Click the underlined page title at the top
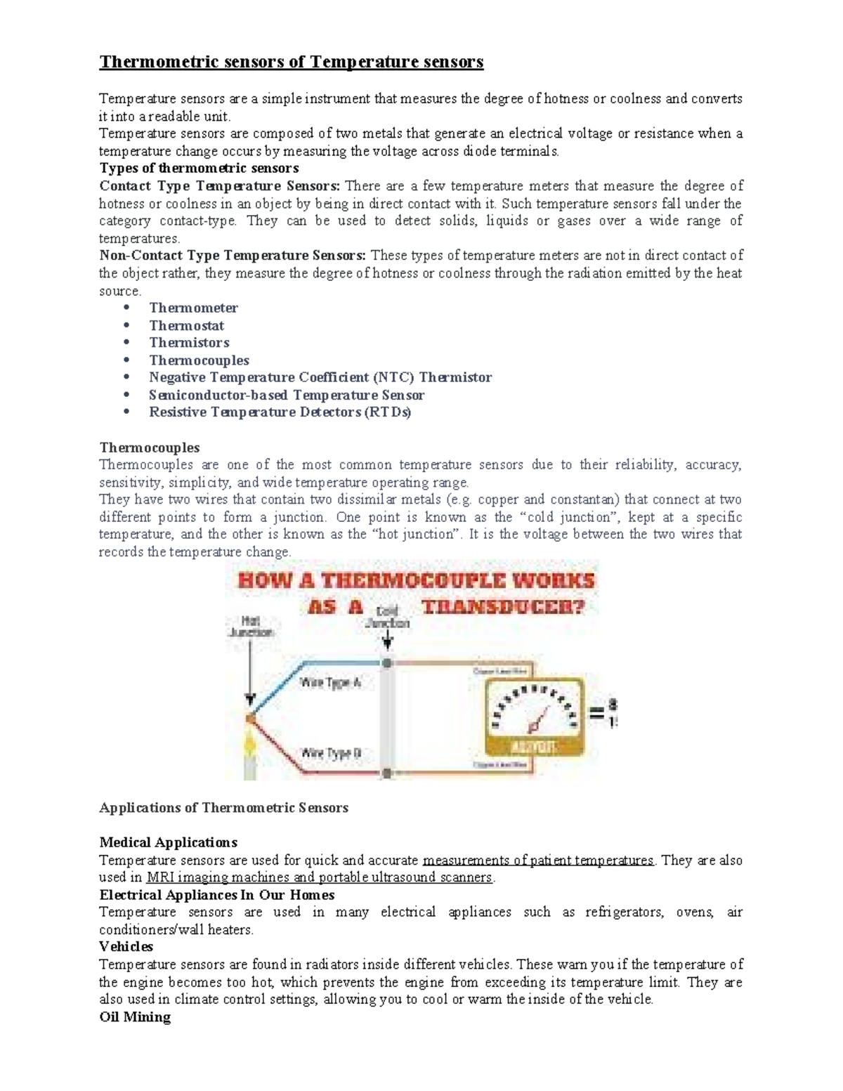click(x=291, y=63)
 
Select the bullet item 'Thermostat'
click(x=186, y=325)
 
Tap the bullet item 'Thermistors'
click(x=189, y=343)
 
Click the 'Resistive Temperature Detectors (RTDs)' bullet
click(x=280, y=412)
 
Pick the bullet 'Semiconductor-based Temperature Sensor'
click(x=286, y=395)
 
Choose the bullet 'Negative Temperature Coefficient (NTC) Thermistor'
click(x=320, y=377)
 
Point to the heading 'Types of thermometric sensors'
click(x=199, y=169)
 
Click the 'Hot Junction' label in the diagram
click(x=250, y=627)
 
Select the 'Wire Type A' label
click(x=330, y=682)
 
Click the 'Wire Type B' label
click(x=331, y=753)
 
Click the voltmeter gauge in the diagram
click(x=533, y=715)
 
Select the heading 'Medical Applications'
click(x=168, y=842)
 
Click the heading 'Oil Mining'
click(x=135, y=1017)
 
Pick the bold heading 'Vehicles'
click(x=126, y=947)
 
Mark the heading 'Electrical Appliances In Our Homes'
click(x=216, y=895)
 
